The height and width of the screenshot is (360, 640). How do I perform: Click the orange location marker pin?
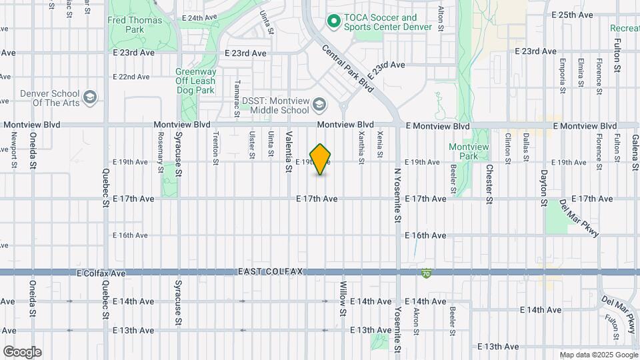321,159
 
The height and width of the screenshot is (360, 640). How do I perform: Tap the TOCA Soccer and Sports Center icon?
333,23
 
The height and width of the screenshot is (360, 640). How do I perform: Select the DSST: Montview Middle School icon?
319,105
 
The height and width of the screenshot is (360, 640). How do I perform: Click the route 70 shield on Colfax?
426,273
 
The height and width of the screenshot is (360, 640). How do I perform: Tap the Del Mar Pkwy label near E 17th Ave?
579,218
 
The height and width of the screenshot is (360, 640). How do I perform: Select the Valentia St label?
289,152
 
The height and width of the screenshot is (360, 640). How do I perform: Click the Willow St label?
343,298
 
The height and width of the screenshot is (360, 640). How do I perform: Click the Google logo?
22,352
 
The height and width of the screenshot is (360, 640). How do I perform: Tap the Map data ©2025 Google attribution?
598,355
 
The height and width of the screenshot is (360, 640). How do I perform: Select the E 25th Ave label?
572,15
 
